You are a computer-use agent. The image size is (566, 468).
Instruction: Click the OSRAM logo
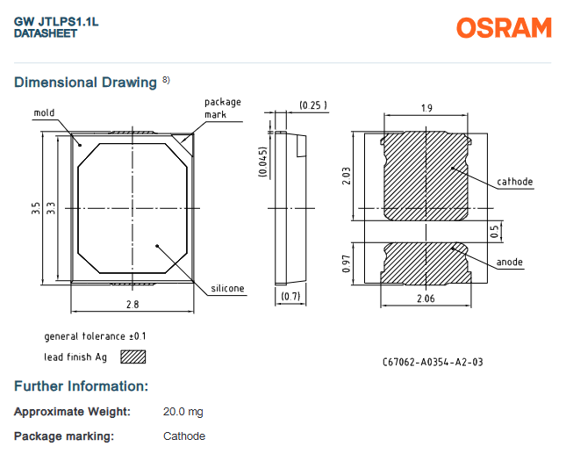coord(503,28)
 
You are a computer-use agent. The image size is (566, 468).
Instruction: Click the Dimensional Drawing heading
coord(86,83)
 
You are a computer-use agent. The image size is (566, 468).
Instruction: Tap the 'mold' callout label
coord(45,112)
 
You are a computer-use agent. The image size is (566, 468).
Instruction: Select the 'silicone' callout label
coord(227,288)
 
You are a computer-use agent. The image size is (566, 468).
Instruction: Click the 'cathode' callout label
coord(515,182)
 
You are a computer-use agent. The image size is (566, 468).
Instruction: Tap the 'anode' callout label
coord(509,263)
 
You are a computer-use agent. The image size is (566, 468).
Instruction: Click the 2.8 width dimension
coord(133,304)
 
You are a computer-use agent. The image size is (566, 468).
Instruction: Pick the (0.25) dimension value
coord(313,105)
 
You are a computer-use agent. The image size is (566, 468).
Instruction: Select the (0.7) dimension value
coord(290,297)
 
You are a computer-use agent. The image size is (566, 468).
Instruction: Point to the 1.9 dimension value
coord(426,108)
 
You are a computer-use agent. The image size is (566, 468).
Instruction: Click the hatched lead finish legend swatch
coord(133,356)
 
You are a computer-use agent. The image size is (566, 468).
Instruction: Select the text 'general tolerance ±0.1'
coord(96,336)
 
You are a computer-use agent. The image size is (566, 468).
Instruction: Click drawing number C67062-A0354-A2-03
coord(433,362)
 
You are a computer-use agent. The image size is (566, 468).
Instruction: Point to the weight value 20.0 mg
coord(183,412)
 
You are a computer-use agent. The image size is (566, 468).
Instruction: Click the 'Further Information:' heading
coord(81,386)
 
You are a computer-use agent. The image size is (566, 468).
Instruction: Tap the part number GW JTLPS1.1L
coord(56,21)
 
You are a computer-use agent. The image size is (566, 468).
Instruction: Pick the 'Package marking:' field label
coord(64,436)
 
